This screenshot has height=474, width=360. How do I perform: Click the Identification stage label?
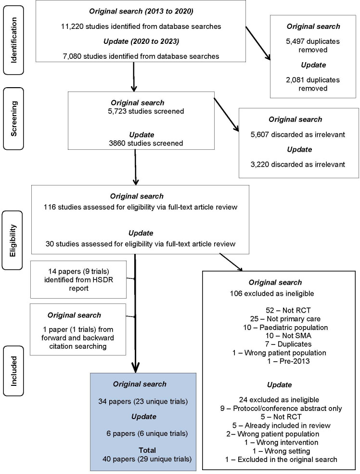(13, 40)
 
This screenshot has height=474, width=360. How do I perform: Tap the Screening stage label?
(13, 118)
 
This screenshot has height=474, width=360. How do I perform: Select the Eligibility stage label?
(13, 240)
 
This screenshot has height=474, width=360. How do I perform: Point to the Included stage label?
(13, 371)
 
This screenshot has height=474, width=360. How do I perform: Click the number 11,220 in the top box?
(73, 26)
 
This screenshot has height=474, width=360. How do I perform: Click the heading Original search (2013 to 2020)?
(141, 12)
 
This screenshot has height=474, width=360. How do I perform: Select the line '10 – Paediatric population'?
(285, 328)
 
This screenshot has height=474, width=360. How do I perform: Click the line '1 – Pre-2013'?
(288, 361)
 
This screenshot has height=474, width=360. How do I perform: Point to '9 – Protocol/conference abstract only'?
(281, 408)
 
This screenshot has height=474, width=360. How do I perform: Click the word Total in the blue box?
(147, 450)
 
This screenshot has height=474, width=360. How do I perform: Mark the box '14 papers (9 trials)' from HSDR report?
(78, 279)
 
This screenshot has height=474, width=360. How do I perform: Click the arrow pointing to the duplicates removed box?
(258, 43)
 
